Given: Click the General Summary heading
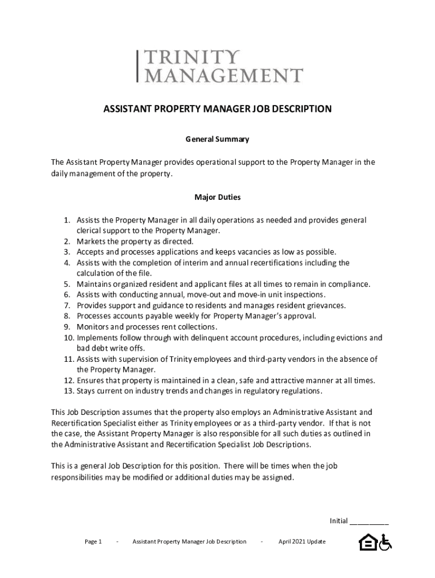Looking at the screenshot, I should (217, 138).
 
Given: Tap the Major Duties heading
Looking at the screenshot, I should (217, 198).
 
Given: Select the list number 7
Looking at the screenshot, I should (66, 305).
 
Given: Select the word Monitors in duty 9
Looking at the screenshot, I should (93, 327).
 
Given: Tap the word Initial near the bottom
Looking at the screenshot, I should (338, 520).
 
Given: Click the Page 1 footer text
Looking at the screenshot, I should (93, 542).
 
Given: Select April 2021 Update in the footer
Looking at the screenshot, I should (302, 542).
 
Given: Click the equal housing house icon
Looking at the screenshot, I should (367, 542).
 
